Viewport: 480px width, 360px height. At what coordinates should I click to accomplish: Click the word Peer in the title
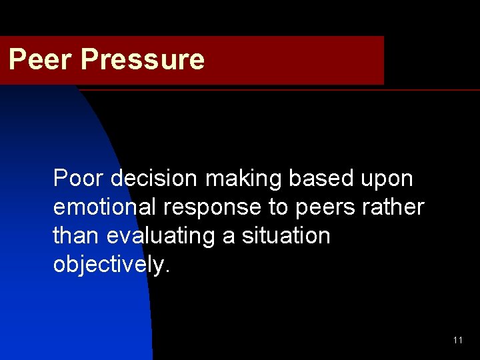coord(41,59)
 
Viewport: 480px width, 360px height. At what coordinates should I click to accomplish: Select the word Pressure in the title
coord(142,59)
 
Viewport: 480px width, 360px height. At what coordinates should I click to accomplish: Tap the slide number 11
coord(457,340)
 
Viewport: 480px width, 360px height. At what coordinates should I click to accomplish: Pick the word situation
coord(288,236)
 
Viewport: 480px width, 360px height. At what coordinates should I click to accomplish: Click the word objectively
coord(109,265)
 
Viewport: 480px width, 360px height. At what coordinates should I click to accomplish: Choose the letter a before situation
coord(229,237)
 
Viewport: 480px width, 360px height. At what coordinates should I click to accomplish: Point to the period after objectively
coord(167,271)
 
